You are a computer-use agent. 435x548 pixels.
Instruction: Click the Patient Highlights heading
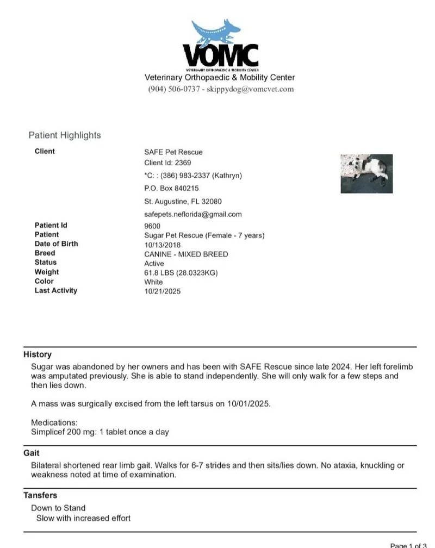point(65,135)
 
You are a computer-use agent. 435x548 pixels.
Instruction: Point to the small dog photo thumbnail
point(366,173)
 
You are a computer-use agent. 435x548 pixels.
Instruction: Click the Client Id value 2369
point(183,163)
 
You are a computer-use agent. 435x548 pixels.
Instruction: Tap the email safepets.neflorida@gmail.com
point(193,214)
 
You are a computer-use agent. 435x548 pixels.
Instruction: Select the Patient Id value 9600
point(152,226)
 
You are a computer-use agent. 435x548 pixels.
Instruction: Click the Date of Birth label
point(56,244)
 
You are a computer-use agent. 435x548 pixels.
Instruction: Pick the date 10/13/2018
point(162,245)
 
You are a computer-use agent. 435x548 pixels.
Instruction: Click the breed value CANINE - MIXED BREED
point(186,254)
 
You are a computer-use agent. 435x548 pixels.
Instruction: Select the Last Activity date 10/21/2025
point(162,291)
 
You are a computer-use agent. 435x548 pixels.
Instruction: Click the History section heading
point(38,354)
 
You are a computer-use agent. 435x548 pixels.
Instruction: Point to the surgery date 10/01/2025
point(251,404)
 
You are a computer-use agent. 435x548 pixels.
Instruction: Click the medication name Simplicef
point(49,432)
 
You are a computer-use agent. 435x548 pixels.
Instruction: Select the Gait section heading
point(32,453)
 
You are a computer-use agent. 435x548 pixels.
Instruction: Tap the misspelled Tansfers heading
point(40,495)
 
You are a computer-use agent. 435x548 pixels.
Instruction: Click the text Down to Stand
point(58,508)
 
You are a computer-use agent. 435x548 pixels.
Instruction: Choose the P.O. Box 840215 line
point(171,188)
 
